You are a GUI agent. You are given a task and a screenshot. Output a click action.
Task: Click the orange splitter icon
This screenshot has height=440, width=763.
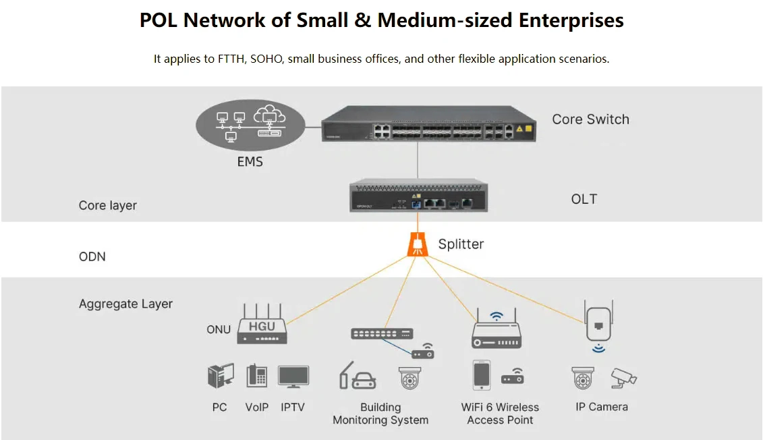(x=418, y=244)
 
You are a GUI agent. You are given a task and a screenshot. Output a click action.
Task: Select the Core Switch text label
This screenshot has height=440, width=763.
(x=590, y=119)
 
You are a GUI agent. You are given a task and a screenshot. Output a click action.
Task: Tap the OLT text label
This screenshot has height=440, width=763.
(x=584, y=199)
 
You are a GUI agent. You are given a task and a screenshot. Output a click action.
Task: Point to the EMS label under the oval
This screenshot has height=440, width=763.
(x=250, y=162)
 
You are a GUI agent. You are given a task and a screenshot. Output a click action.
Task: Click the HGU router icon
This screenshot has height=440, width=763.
(x=262, y=327)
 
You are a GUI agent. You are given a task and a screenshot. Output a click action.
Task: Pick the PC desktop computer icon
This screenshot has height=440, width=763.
(x=220, y=376)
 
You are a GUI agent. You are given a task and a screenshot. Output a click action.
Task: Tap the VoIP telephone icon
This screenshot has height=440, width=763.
(x=257, y=376)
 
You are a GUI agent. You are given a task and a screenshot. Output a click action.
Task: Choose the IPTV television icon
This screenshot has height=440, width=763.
(x=293, y=376)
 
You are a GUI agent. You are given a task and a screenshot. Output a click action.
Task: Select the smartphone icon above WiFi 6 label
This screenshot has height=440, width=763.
(x=481, y=375)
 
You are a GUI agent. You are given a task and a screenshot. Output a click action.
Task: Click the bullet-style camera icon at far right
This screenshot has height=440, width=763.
(x=623, y=377)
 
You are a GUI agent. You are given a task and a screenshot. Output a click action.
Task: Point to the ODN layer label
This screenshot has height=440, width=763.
(x=92, y=257)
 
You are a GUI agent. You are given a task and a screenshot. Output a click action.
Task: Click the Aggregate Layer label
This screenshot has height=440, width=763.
(x=125, y=304)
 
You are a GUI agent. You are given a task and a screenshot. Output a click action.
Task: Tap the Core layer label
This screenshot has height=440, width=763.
(x=108, y=205)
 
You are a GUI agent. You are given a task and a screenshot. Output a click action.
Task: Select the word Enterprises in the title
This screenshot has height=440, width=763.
(x=571, y=20)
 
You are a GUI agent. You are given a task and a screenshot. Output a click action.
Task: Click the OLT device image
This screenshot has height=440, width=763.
(x=418, y=196)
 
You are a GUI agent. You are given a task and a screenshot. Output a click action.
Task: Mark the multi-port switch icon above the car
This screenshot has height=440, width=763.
(x=381, y=333)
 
